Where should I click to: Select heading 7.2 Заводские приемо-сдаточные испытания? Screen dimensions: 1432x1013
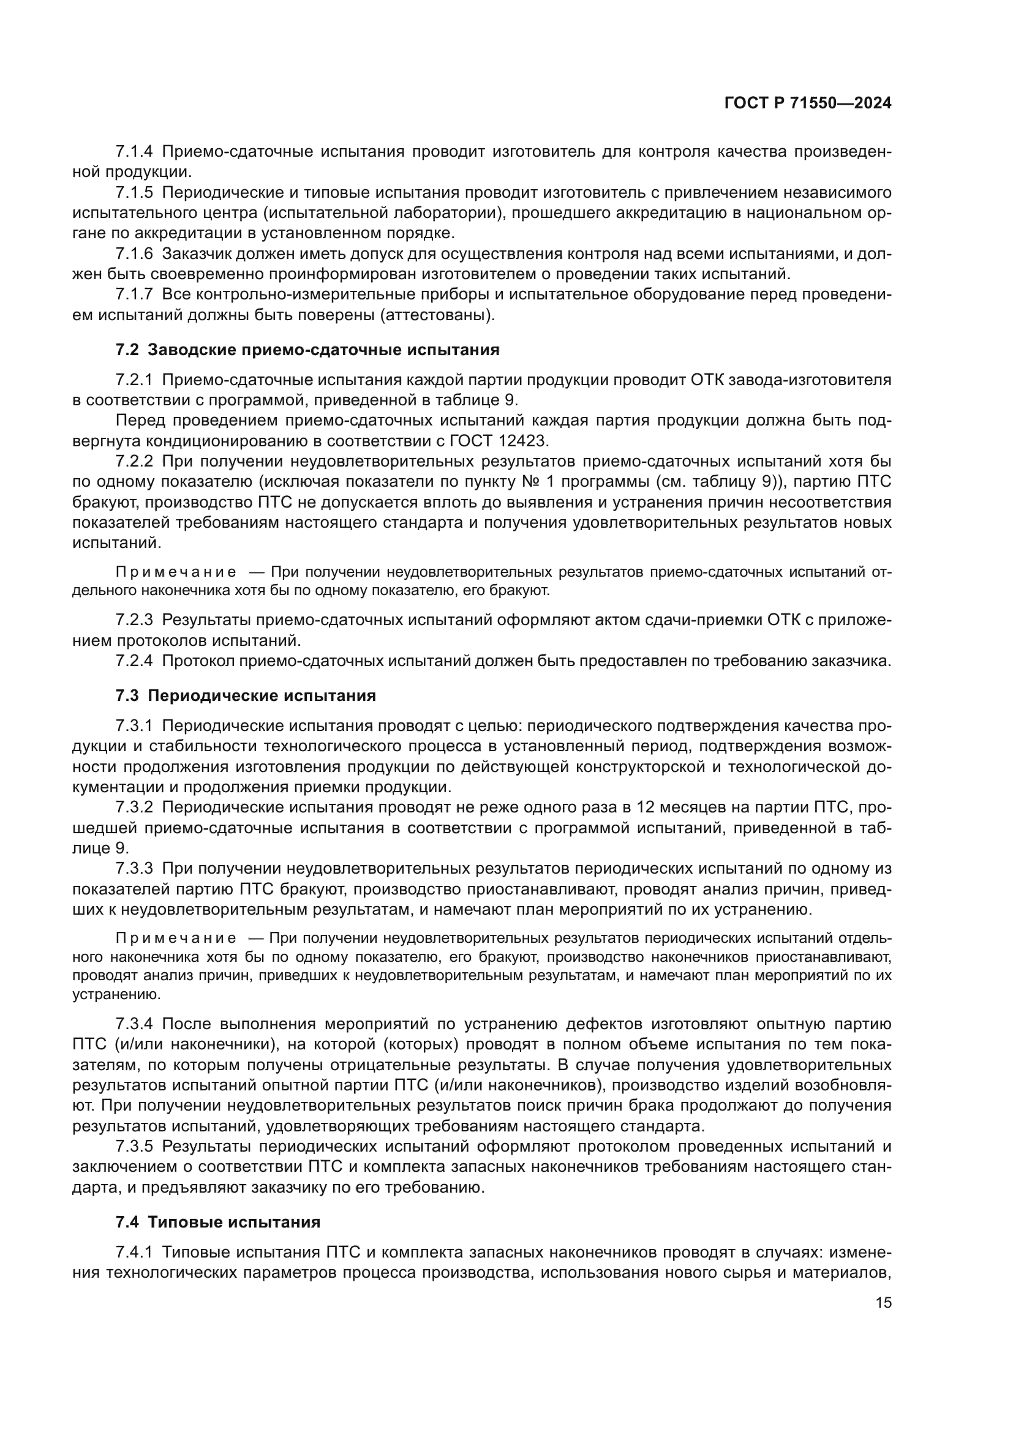click(307, 350)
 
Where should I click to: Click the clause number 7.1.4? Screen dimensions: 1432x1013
click(134, 152)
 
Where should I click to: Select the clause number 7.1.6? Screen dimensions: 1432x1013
click(134, 254)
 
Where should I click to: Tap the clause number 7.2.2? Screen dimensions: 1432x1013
click(134, 462)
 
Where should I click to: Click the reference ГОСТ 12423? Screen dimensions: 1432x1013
click(499, 441)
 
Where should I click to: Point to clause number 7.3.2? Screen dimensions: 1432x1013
click(134, 808)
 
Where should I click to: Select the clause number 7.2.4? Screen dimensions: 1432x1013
click(134, 661)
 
